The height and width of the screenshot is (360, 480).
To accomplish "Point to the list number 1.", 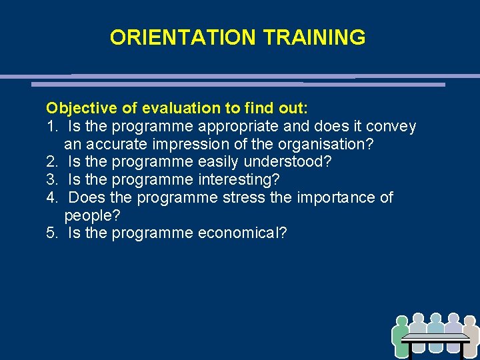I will click(51, 126).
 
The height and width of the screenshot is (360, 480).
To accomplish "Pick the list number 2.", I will click(51, 162).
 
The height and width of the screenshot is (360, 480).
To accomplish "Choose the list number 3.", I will click(51, 180).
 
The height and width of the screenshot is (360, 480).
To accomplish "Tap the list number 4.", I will click(51, 198).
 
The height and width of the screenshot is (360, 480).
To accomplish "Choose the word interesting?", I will click(239, 180).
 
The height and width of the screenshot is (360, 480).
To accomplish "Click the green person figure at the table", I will click(401, 337).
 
